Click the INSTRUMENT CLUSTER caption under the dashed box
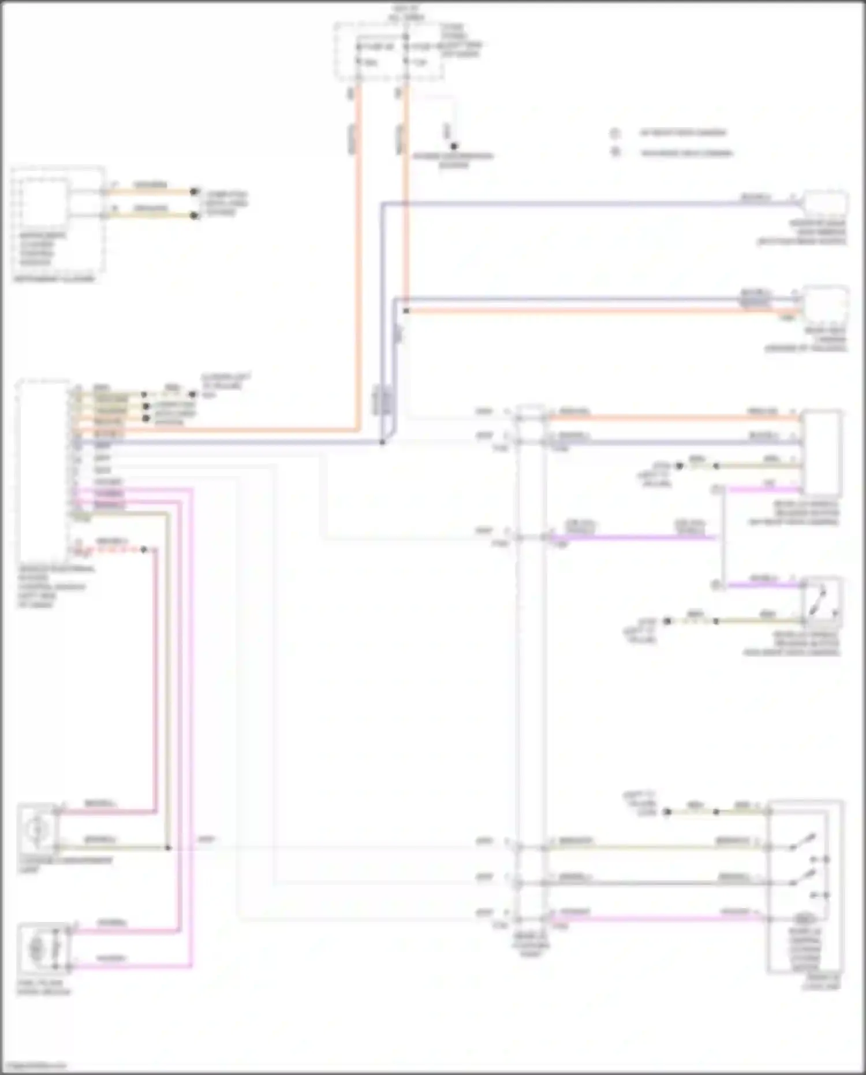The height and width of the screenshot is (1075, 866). [54, 279]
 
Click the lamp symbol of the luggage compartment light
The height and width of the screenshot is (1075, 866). [36, 830]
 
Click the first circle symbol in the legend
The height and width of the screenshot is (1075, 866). [615, 133]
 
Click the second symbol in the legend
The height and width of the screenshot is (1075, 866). [615, 153]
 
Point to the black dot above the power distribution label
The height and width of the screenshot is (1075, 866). [454, 146]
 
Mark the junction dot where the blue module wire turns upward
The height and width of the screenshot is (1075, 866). [382, 442]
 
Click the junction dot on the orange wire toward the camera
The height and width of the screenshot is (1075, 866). [406, 311]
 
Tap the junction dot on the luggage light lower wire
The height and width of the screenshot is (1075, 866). [168, 848]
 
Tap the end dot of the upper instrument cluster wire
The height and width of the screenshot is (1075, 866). [195, 191]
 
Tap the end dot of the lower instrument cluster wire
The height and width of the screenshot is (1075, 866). [195, 215]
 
